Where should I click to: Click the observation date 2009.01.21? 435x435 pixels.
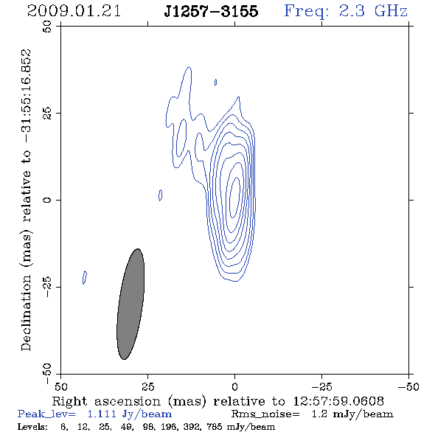pyautogui.click(x=74, y=11)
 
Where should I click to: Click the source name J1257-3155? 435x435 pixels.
pyautogui.click(x=211, y=11)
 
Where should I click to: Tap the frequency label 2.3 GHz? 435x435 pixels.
pyautogui.click(x=373, y=11)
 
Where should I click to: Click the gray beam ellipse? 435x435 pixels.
pyautogui.click(x=130, y=304)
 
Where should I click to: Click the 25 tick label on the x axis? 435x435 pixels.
pyautogui.click(x=147, y=386)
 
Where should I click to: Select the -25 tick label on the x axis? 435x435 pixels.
pyautogui.click(x=321, y=386)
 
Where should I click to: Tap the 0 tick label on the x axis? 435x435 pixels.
pyautogui.click(x=234, y=386)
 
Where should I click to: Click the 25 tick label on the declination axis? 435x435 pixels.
pyautogui.click(x=47, y=113)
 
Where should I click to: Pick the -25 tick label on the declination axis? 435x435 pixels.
pyautogui.click(x=47, y=287)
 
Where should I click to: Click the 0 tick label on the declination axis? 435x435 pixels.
pyautogui.click(x=47, y=200)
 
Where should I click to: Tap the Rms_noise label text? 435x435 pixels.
pyautogui.click(x=265, y=414)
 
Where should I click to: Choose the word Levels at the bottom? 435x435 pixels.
pyautogui.click(x=32, y=427)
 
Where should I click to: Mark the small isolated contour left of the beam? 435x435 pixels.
pyautogui.click(x=85, y=277)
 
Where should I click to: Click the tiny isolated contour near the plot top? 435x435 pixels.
pyautogui.click(x=215, y=82)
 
